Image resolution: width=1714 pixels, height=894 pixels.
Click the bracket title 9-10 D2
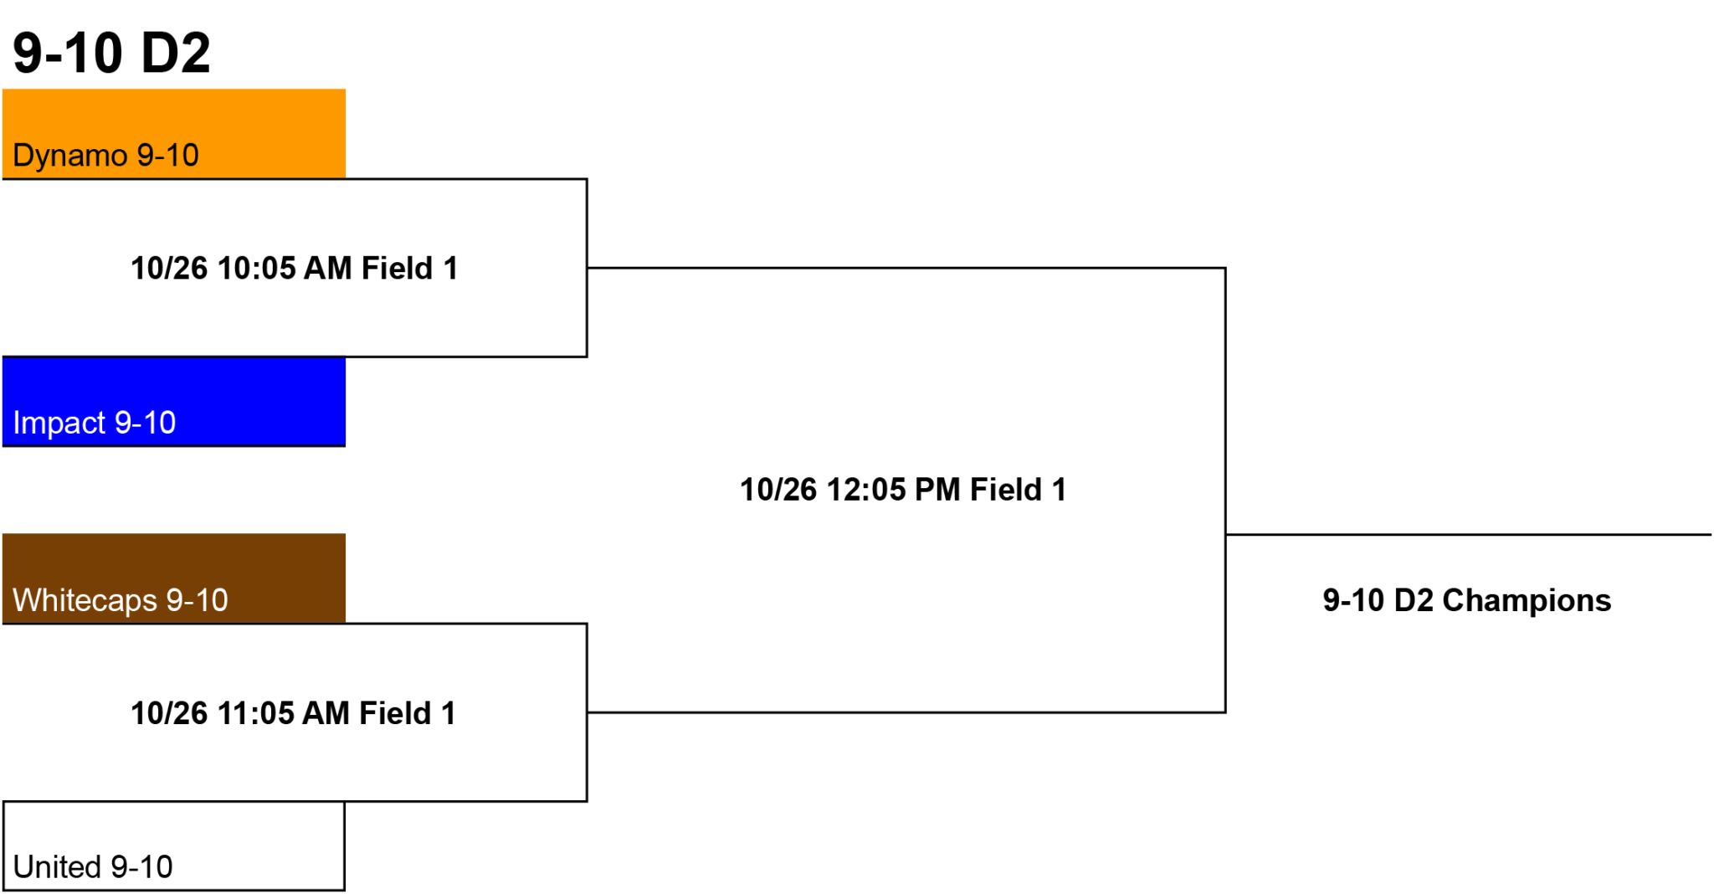coord(111,53)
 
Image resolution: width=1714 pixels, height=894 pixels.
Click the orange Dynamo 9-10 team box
coord(174,134)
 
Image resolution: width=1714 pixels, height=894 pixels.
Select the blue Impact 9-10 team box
coord(174,402)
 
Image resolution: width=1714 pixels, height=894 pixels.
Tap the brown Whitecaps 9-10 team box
coord(174,578)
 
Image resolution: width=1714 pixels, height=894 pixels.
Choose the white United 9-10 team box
coord(174,846)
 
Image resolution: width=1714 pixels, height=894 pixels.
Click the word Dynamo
coord(70,157)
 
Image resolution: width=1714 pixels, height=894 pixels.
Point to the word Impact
coord(59,424)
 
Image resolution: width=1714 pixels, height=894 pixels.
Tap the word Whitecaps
coord(85,601)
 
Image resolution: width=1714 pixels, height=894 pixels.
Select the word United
coord(57,867)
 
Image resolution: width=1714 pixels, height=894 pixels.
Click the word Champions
coord(1527,601)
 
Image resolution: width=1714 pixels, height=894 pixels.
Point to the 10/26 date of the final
coord(778,490)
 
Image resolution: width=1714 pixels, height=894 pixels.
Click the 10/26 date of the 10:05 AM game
coord(169,269)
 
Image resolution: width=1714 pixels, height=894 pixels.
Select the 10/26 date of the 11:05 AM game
coord(169,713)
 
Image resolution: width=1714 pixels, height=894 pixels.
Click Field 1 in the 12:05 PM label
coord(1019,490)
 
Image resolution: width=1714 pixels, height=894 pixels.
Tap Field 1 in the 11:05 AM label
coord(408,713)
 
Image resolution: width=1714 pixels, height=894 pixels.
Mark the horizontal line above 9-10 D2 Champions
coord(1469,534)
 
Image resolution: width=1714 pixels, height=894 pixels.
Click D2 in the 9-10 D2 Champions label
coord(1414,601)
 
